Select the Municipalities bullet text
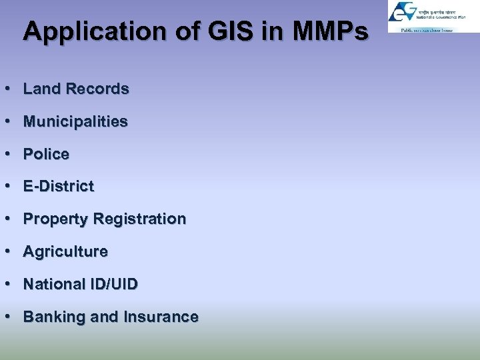(75, 121)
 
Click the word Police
(46, 154)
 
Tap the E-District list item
(59, 187)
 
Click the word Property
(56, 219)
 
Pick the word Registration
(140, 219)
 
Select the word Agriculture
(65, 251)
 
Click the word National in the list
(54, 284)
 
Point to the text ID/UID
(114, 284)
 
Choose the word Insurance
(160, 317)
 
